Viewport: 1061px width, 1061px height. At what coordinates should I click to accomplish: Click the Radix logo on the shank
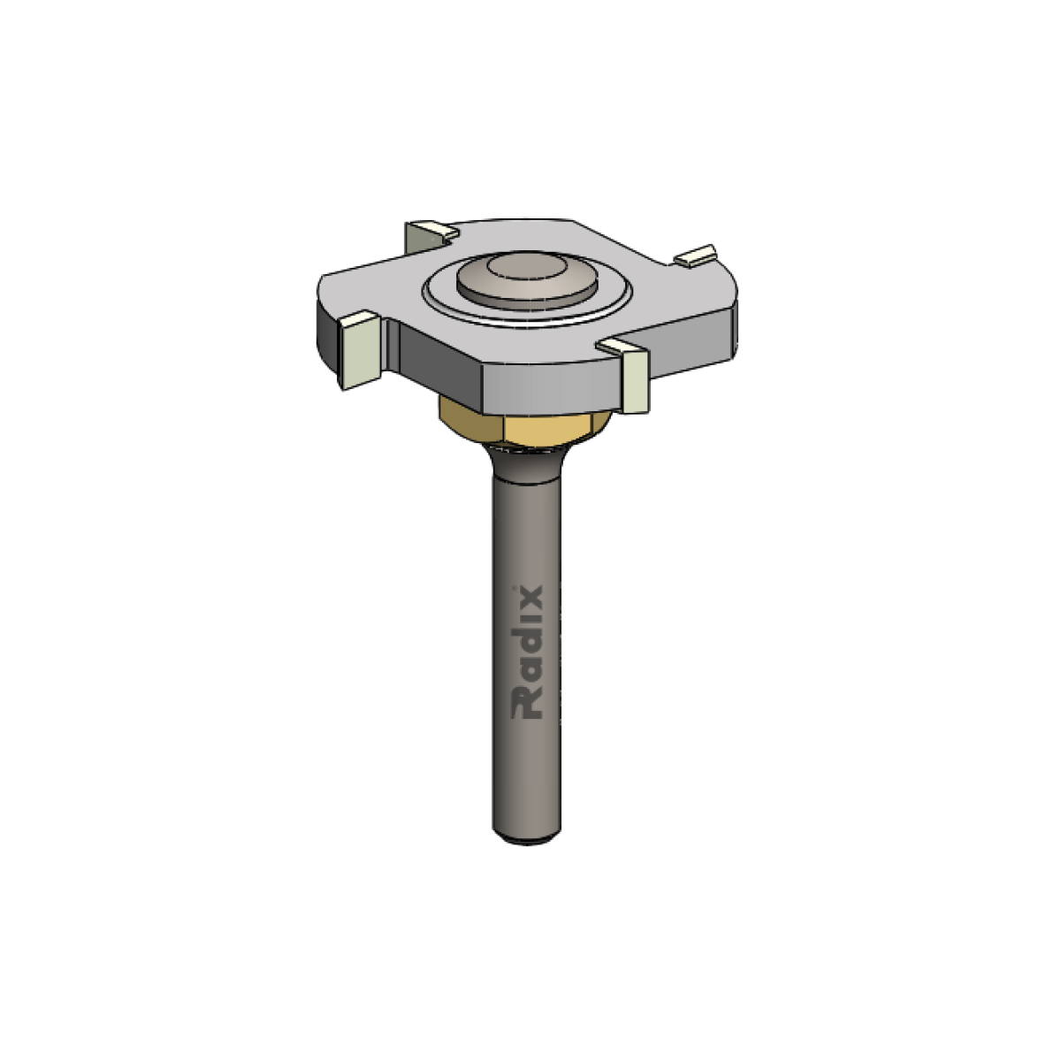528,653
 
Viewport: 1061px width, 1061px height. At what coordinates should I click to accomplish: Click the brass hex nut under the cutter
524,424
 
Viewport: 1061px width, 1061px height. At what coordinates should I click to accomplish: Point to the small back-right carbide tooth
696,256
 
